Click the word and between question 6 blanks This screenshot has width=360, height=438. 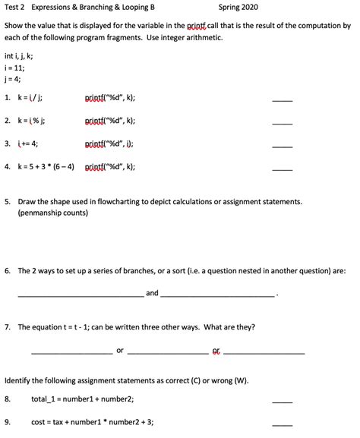pos(152,292)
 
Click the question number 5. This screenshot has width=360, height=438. pos(7,202)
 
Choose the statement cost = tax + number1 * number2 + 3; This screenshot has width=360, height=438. pos(92,422)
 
